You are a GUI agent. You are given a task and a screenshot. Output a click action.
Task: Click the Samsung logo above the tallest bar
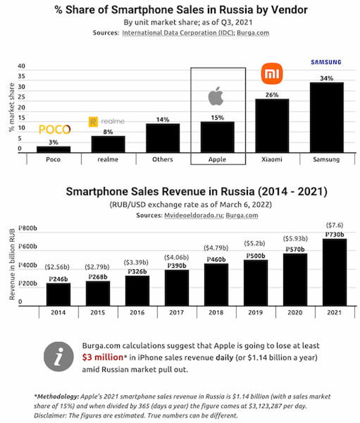[x=326, y=62]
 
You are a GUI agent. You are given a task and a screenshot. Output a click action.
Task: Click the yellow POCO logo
[x=54, y=129]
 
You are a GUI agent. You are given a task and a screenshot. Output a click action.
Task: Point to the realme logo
[x=107, y=121]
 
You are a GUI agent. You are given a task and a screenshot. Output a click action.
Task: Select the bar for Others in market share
[x=162, y=138]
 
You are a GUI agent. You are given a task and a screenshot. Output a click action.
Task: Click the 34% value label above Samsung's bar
[x=326, y=78]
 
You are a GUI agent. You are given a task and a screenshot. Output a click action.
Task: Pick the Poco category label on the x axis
[x=54, y=159]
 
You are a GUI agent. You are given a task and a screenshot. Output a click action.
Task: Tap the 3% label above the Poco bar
[x=54, y=142]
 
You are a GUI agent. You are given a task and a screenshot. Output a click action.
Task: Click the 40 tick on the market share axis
[x=21, y=66]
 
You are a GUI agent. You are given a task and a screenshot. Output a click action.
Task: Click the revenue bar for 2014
[x=58, y=294]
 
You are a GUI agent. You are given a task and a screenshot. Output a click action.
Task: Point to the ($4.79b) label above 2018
[x=216, y=248]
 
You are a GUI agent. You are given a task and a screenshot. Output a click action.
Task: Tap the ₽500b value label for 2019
[x=255, y=255]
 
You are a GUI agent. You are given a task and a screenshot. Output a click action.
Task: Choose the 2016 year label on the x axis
[x=137, y=312]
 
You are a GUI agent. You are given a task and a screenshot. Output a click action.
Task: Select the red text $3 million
[x=103, y=357]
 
